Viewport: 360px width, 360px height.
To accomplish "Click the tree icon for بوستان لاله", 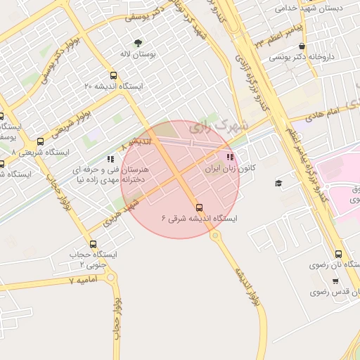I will click(138, 43).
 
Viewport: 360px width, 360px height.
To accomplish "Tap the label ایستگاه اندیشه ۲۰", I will click(114, 86).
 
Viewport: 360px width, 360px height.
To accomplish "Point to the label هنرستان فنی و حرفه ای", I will click(105, 169).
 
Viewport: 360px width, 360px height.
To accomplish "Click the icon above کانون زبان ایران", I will click(229, 157).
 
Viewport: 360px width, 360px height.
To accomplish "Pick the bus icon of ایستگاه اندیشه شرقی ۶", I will click(199, 207).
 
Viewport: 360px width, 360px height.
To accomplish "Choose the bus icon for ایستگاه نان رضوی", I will click(339, 255).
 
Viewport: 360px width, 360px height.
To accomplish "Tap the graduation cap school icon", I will click(278, 184).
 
